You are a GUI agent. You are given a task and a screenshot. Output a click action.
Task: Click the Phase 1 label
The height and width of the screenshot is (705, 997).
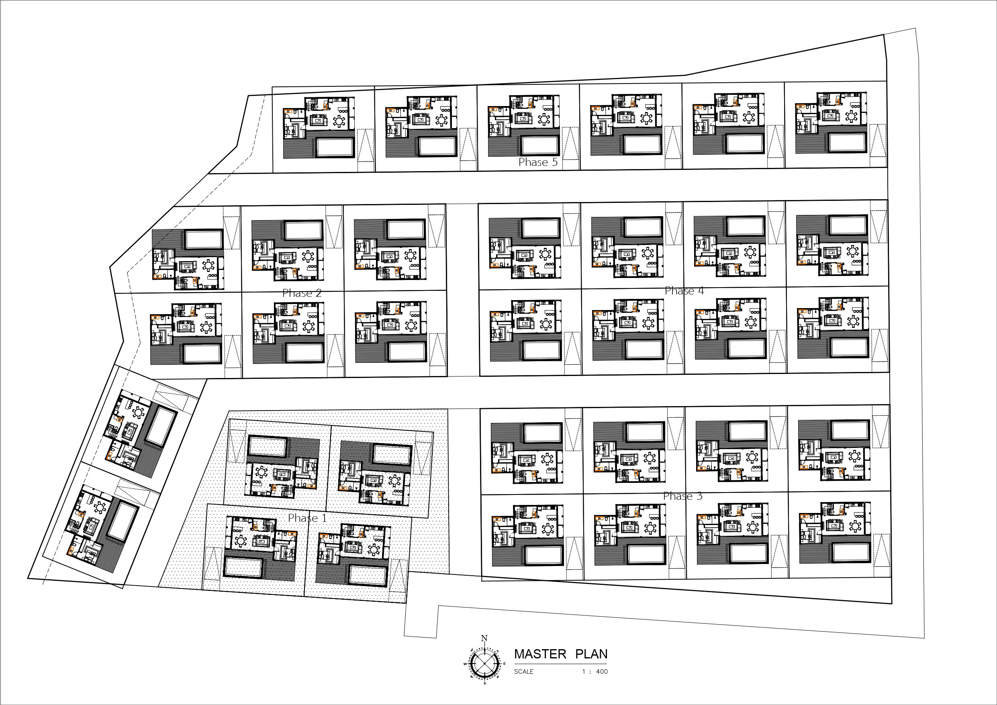[307, 518]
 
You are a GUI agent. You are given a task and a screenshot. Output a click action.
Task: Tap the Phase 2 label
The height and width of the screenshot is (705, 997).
[302, 293]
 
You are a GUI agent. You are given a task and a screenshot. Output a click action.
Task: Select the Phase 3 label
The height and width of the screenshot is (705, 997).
[682, 496]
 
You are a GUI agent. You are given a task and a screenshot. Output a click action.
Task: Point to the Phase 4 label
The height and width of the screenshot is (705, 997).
[684, 291]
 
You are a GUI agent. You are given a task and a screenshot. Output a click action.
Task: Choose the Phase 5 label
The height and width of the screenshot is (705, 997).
[538, 162]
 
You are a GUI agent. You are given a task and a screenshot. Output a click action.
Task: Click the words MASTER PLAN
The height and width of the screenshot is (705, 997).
[561, 654]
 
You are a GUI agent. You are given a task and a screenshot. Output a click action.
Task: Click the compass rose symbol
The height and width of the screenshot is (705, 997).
[484, 663]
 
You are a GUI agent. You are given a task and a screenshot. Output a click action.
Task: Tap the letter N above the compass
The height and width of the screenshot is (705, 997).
[484, 638]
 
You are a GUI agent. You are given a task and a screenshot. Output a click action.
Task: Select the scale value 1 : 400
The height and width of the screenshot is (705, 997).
[595, 672]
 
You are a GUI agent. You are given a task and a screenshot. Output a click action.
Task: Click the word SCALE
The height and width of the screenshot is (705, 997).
[524, 672]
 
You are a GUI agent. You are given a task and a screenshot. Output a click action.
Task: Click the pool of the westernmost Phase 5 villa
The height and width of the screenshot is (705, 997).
[334, 147]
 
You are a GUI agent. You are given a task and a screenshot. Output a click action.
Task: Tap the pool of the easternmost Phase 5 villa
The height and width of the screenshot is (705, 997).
[847, 143]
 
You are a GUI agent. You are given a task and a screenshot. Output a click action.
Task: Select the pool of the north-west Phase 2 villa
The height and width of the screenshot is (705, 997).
[204, 239]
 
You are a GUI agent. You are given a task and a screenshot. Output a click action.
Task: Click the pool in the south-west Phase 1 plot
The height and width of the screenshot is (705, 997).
[243, 568]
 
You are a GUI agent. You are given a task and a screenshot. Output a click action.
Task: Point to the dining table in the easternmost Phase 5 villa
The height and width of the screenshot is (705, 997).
[852, 116]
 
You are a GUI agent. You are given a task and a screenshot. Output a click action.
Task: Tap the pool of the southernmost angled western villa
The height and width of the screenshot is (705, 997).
[123, 521]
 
